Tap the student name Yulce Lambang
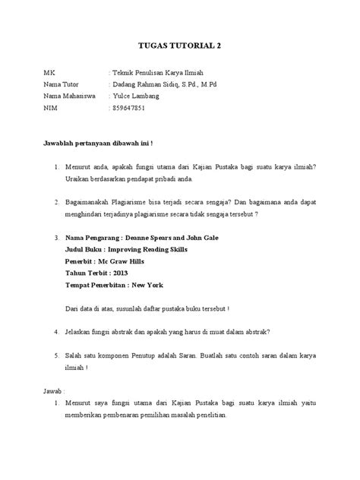(135, 96)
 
